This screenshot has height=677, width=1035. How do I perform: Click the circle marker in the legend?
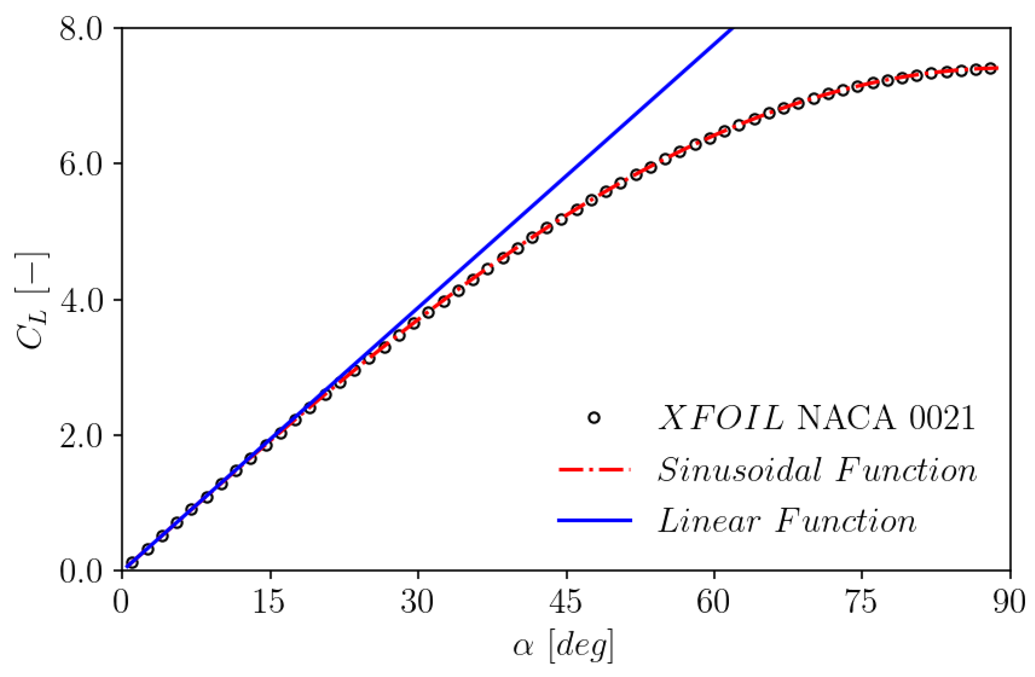pos(593,418)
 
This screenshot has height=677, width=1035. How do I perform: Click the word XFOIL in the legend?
pos(722,418)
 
